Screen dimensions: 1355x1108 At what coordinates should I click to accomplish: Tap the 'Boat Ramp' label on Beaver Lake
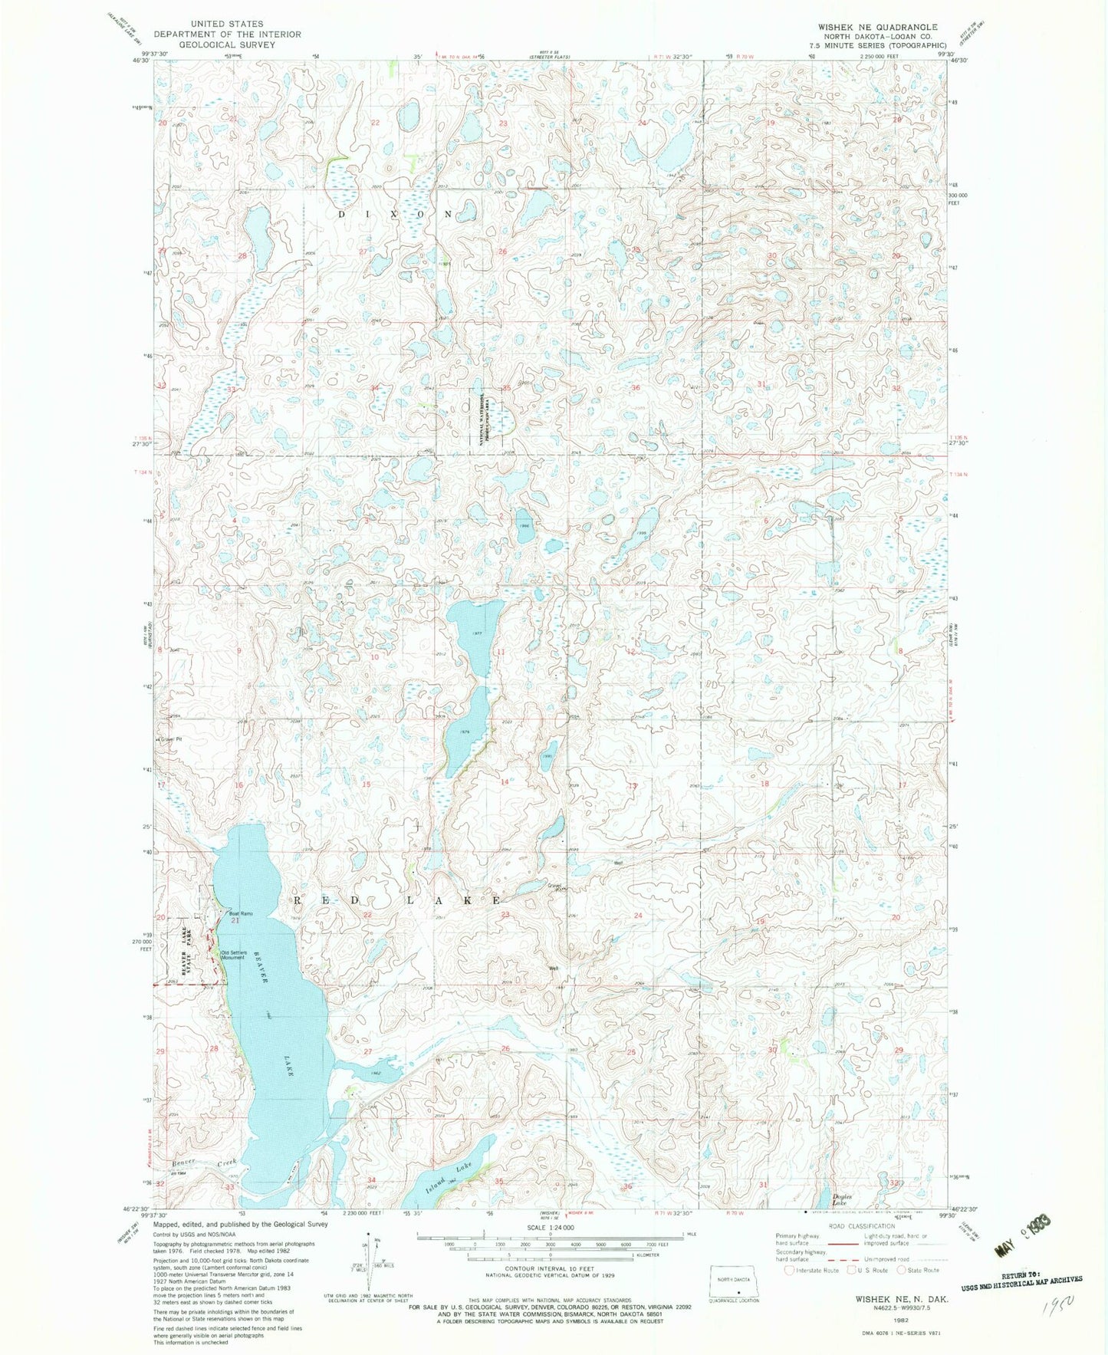[240, 913]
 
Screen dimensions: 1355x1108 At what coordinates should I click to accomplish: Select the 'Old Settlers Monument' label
[234, 955]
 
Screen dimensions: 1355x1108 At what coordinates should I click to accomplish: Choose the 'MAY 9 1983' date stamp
[1022, 1245]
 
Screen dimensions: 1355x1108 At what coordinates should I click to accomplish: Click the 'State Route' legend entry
[921, 1270]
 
